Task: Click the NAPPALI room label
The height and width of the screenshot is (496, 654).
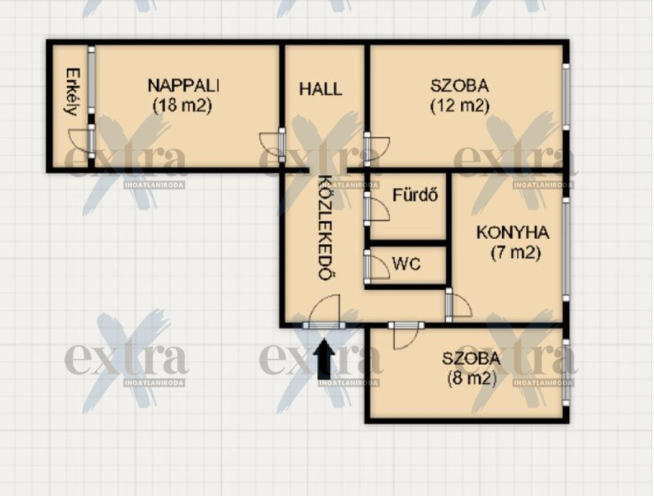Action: click(x=183, y=86)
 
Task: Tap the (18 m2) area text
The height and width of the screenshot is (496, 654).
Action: click(x=183, y=105)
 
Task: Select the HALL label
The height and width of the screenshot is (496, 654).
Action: click(x=321, y=89)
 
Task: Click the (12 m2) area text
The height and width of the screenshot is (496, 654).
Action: click(x=459, y=105)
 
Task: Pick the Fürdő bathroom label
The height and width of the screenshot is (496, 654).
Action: click(x=415, y=195)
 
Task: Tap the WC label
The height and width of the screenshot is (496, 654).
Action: click(x=406, y=264)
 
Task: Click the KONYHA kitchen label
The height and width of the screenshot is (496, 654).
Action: click(x=513, y=232)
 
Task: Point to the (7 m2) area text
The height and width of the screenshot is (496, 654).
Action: click(x=515, y=253)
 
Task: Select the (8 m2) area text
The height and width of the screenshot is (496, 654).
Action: click(x=472, y=379)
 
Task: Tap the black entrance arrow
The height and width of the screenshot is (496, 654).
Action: click(x=324, y=359)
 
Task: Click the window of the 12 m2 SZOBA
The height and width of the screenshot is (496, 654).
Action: click(x=566, y=96)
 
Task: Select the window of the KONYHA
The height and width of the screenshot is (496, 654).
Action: click(x=566, y=249)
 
